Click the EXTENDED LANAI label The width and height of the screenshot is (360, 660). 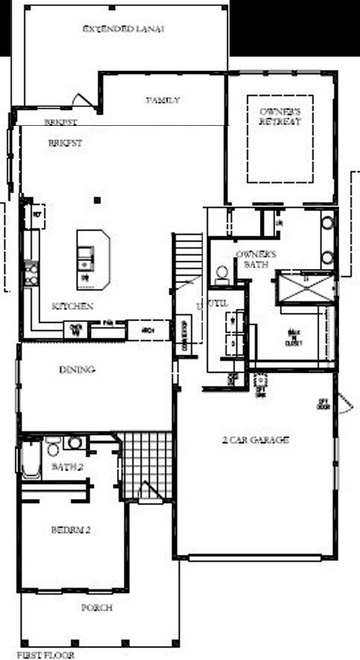[124, 29]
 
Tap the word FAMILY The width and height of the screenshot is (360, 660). [162, 100]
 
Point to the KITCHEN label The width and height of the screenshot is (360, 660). [72, 306]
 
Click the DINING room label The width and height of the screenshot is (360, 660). [78, 369]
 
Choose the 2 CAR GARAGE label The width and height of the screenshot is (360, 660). [256, 440]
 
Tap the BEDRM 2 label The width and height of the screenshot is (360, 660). [71, 530]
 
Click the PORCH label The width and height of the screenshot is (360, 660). [97, 608]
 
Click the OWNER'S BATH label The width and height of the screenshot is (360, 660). [256, 258]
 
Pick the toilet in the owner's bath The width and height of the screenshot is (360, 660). [222, 273]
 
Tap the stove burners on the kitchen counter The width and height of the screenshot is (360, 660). [31, 272]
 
